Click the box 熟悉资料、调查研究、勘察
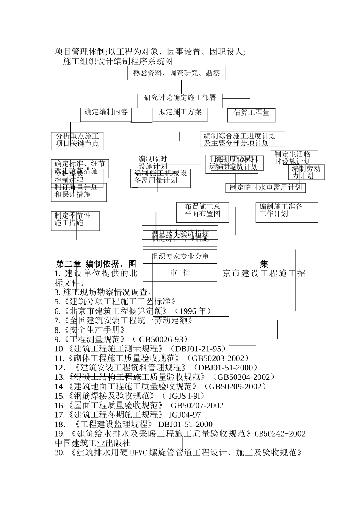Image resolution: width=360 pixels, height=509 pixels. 176,73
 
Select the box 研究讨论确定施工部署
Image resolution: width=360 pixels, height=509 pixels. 180,98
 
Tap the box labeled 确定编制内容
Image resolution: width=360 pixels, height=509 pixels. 106,112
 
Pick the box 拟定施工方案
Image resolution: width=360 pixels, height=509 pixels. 180,112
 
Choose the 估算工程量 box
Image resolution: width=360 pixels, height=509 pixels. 251,113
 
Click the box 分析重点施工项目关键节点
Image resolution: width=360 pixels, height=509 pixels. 77,139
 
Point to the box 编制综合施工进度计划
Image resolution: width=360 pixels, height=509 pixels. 242,139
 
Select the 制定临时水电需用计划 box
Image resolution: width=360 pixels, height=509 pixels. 266,187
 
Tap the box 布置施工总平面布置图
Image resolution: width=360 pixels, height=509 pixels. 202,210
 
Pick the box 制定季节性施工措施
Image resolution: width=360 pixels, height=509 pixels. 75,219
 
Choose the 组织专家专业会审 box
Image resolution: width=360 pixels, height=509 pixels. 180,256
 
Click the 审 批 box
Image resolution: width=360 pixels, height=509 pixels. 180,273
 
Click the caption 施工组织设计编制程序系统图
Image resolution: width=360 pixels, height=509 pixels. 118,61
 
